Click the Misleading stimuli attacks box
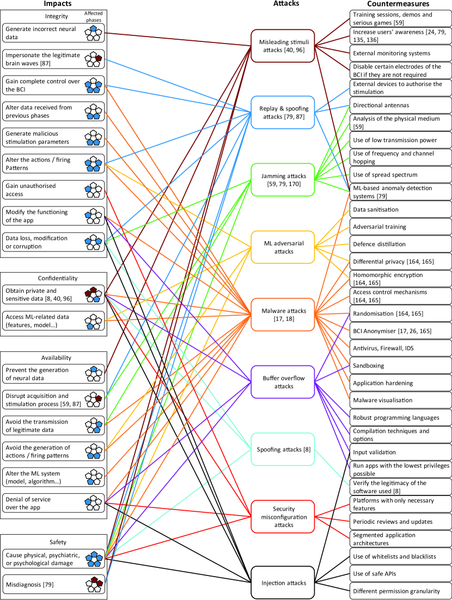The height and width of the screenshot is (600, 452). point(283,41)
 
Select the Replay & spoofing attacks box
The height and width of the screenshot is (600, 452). point(283,113)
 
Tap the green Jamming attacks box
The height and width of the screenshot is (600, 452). point(283,180)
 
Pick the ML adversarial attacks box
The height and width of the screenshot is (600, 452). point(283,247)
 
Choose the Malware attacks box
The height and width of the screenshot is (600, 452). point(283,315)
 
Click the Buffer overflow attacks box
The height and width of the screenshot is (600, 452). point(283,382)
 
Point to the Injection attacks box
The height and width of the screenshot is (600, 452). point(283,583)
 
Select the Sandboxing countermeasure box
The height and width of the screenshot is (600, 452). point(400,366)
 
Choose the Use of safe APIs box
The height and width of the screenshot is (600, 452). point(400,573)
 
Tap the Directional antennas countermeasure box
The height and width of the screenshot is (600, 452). point(400,105)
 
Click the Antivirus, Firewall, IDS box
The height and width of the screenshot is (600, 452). point(400,349)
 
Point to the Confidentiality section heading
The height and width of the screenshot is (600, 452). point(54,278)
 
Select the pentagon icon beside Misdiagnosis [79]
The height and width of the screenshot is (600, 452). point(96,584)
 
